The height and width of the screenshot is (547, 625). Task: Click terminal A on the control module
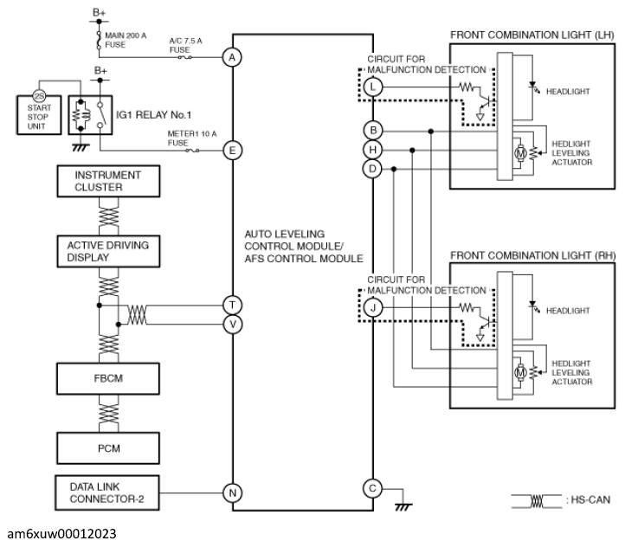(231, 58)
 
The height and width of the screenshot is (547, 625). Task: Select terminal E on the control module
(231, 150)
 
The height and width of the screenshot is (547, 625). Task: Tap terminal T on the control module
(231, 305)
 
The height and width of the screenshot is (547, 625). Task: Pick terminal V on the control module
(231, 324)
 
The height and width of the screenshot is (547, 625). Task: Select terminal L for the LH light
(372, 87)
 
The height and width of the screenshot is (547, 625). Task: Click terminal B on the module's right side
(372, 130)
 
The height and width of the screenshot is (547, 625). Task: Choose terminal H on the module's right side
(372, 149)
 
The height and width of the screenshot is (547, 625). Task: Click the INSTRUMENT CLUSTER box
(107, 182)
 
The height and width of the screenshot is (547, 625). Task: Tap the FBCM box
(107, 378)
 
